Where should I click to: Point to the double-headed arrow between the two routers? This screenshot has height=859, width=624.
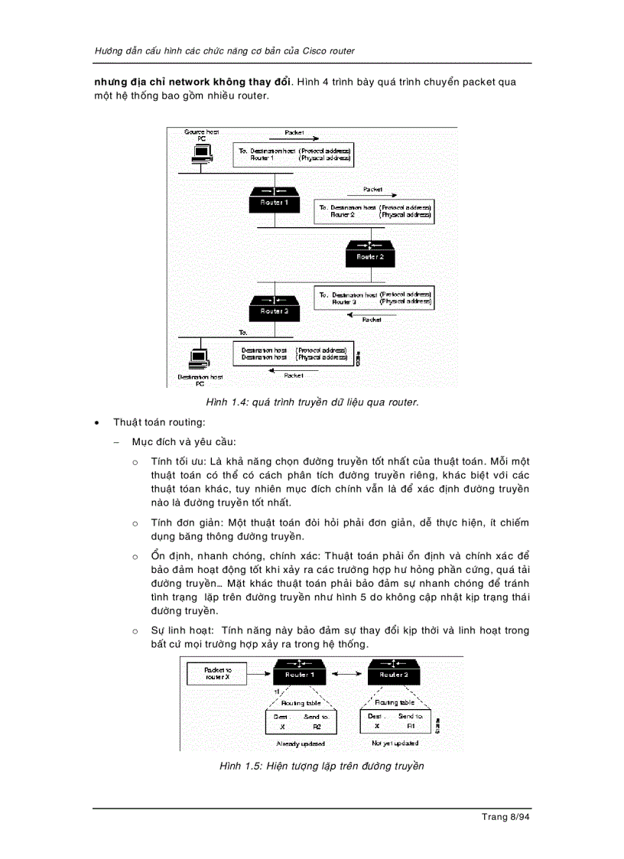tap(346, 674)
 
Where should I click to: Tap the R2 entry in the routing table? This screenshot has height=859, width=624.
tap(316, 726)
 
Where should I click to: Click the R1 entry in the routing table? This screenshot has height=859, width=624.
tap(410, 726)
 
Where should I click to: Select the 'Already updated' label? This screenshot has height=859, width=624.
tap(300, 743)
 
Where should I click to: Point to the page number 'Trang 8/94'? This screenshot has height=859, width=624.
tap(505, 817)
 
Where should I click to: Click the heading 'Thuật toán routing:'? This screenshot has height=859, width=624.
tap(159, 421)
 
